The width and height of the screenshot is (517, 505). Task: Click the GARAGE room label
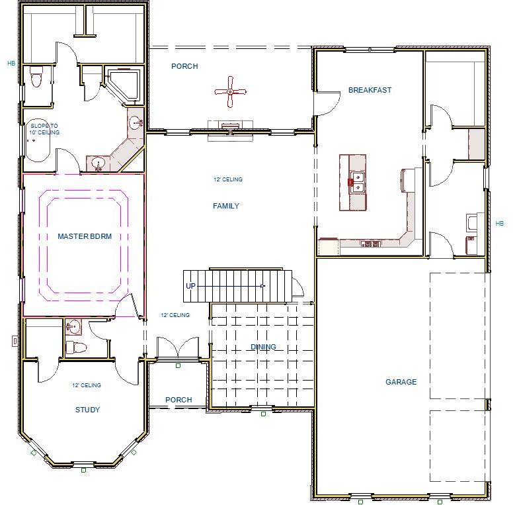point(401,382)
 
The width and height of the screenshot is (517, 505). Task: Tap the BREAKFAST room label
point(370,90)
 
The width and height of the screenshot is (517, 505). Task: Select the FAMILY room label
point(225,206)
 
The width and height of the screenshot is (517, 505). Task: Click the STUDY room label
point(87,410)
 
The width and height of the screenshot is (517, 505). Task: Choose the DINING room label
point(263,347)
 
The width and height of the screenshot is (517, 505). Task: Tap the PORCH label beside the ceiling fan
point(184,66)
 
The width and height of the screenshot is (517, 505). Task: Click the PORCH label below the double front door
point(179,400)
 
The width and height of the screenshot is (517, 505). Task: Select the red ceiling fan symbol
point(230,91)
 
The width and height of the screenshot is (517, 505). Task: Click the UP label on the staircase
point(190,286)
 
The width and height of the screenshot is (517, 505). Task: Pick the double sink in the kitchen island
point(357,182)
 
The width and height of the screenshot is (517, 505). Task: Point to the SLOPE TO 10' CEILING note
point(44,129)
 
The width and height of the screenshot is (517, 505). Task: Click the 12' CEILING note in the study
point(87,385)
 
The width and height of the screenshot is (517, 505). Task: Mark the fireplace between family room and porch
point(229,128)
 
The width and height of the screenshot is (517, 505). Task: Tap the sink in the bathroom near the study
point(73,326)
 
